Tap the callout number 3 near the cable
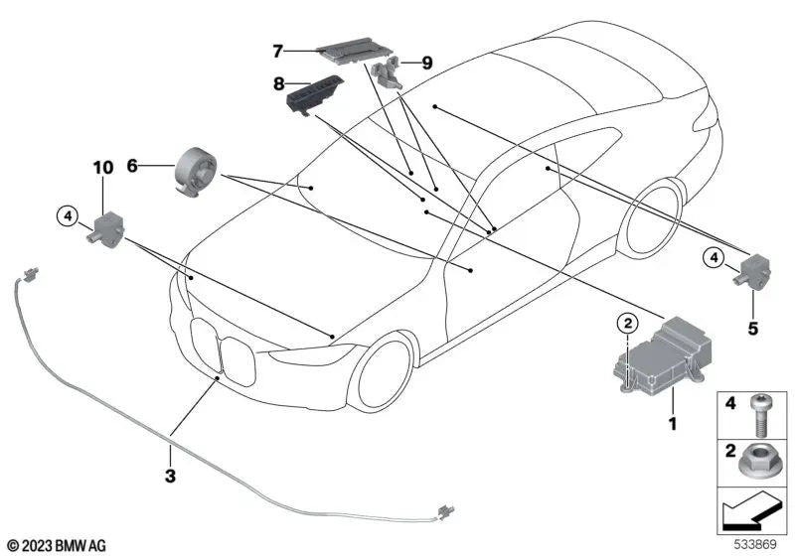[170, 476]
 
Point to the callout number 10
[104, 170]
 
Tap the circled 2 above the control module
[626, 322]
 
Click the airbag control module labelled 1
[657, 357]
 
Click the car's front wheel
[386, 371]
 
